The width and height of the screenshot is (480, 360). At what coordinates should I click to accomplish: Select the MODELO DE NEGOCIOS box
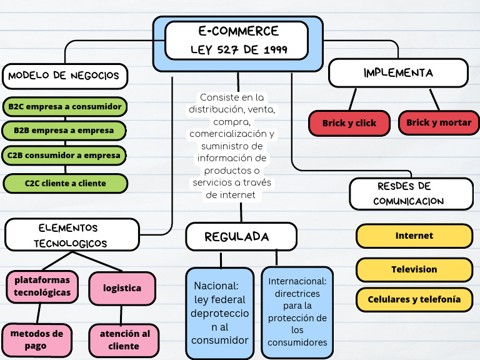64,76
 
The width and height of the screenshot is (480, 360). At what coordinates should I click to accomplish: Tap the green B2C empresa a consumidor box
64,107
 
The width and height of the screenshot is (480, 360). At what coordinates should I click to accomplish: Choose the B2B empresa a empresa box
64,131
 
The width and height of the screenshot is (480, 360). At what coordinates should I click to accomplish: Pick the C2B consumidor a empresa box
64,155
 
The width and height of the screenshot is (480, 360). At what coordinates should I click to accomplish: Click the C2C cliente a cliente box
66,183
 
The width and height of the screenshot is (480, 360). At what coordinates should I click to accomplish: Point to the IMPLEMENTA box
398,72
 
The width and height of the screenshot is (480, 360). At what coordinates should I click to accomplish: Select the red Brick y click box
349,123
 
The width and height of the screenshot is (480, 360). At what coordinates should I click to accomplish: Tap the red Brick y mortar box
439,122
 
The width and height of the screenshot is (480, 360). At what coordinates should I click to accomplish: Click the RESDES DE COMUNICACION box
411,194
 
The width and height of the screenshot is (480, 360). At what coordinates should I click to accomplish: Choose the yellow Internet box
414,236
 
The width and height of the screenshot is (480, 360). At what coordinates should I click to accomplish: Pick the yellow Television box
414,269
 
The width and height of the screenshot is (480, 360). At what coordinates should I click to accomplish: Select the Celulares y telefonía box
414,299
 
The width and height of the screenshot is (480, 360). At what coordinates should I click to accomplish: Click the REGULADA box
241,237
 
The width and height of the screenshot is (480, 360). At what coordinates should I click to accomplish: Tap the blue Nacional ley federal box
220,313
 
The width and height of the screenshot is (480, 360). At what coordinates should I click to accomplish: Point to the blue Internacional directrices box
297,312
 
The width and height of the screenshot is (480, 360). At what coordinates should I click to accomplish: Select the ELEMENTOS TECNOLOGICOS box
72,235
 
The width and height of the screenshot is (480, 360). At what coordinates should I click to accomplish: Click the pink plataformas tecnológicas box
42,286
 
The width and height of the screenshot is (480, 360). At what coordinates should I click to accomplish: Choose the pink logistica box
122,288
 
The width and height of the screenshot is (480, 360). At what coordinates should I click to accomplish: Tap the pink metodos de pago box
37,340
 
